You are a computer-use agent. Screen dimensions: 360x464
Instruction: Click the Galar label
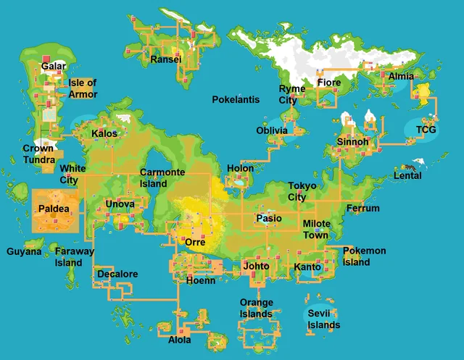[54, 67]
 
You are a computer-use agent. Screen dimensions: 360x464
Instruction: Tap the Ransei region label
[165, 59]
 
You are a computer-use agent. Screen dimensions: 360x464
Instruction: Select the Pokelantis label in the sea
[236, 99]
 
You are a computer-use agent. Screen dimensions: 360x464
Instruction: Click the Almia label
[401, 76]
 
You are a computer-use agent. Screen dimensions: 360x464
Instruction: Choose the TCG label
[426, 130]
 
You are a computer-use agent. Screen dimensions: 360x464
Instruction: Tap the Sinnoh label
[353, 141]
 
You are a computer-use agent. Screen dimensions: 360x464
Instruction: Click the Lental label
[407, 176]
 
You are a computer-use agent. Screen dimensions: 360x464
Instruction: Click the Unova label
[120, 204]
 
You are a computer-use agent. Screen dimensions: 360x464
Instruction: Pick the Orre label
[195, 243]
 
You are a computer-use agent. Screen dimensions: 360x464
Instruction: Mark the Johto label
[256, 267]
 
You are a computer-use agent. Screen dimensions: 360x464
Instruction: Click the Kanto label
[307, 268]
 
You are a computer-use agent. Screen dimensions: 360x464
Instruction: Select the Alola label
[180, 340]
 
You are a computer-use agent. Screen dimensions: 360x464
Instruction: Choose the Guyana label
[25, 252]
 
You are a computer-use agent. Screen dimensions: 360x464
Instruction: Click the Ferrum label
[362, 209]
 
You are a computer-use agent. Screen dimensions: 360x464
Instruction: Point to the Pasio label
[269, 219]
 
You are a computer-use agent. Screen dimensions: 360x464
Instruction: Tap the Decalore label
[117, 275]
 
